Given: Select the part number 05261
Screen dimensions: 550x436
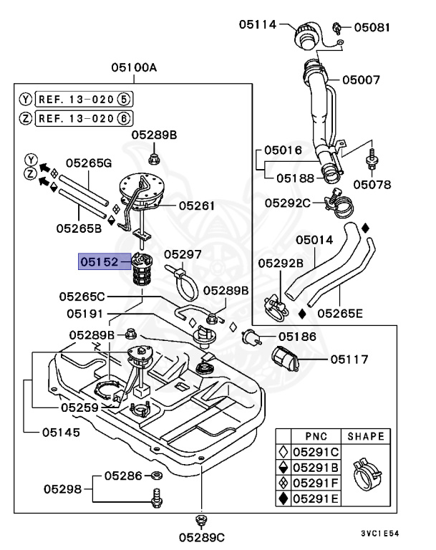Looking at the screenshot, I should point(196,206).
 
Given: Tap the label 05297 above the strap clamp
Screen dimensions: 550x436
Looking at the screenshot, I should point(183,254).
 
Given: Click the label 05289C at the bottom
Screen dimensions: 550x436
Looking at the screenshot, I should point(201,536).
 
